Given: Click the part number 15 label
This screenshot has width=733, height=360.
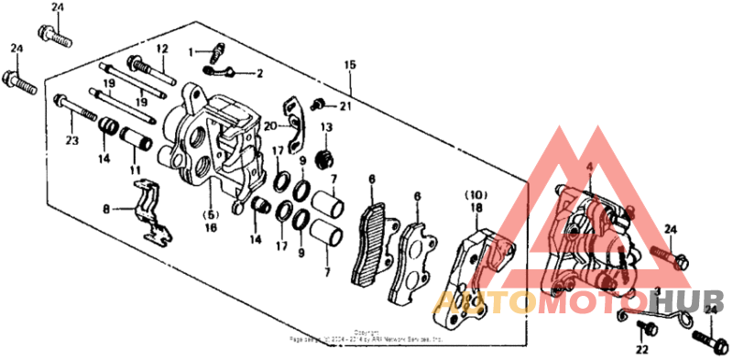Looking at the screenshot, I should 348,65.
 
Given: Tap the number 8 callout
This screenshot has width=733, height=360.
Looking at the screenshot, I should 106,209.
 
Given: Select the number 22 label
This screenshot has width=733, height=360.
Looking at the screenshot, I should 640,349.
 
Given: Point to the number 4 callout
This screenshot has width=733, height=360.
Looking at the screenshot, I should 590,166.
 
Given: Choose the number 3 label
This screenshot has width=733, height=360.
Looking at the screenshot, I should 657,290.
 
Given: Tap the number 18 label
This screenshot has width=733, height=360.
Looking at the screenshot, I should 476,209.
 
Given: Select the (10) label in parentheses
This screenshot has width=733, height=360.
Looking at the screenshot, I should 476,196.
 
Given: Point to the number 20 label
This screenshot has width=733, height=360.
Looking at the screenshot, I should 271,125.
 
